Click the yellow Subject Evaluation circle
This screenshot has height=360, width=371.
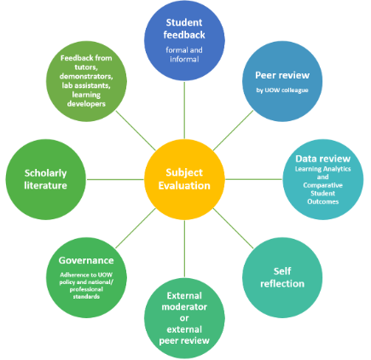(x=184, y=179)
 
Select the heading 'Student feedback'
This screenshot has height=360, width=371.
(x=184, y=29)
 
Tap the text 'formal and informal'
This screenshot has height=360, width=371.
(x=184, y=55)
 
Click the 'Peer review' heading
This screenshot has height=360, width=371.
(x=282, y=75)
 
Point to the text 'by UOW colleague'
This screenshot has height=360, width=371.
(x=282, y=90)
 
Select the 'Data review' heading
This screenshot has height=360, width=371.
(x=323, y=159)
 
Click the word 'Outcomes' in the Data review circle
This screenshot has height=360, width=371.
(x=323, y=201)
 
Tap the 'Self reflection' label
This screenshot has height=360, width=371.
(x=282, y=277)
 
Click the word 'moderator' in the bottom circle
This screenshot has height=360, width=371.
(x=184, y=307)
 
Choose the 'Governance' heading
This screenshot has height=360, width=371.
(x=86, y=260)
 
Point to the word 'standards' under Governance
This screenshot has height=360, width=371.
(x=86, y=297)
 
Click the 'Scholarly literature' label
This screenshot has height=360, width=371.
(x=45, y=179)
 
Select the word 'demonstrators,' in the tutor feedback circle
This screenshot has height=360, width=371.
(x=86, y=76)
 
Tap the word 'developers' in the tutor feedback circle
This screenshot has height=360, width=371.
(x=86, y=104)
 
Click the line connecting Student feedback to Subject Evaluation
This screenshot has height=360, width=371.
(x=184, y=110)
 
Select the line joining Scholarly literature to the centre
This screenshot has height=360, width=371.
(x=115, y=179)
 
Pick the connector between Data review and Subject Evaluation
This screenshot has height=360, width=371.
(x=253, y=179)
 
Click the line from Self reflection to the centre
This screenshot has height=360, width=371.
(x=234, y=229)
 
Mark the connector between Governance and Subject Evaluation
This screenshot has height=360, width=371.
(x=136, y=229)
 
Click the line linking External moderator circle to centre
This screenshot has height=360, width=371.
(x=184, y=249)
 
